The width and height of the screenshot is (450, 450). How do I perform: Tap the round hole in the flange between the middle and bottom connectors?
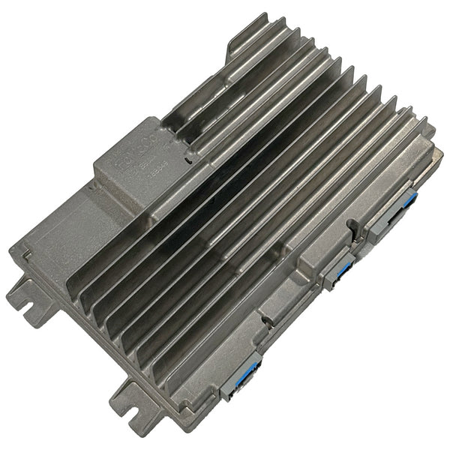[266, 319]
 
